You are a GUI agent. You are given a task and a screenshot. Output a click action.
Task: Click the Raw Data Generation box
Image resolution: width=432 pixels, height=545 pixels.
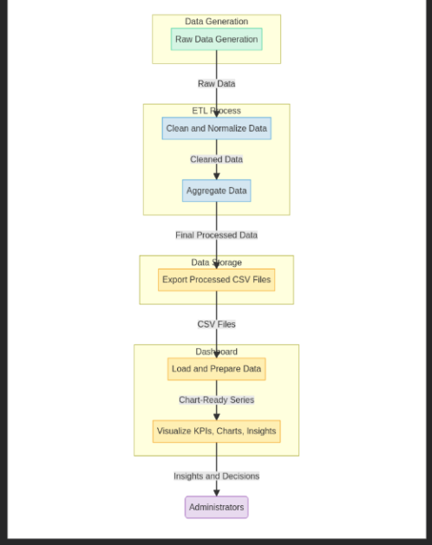216,39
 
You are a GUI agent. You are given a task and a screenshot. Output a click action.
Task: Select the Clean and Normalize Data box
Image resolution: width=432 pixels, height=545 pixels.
216,128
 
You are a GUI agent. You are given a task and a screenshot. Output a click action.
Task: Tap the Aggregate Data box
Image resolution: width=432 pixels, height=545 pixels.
216,191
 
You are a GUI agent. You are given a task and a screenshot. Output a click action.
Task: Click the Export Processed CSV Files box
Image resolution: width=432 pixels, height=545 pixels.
216,280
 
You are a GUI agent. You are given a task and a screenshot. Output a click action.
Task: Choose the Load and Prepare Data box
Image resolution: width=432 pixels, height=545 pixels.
216,369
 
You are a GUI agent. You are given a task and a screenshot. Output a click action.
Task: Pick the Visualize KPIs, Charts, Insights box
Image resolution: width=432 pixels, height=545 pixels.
216,431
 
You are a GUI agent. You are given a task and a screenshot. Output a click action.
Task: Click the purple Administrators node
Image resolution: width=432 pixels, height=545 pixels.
216,507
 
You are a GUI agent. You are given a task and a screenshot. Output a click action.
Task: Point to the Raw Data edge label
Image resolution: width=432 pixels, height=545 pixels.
216,84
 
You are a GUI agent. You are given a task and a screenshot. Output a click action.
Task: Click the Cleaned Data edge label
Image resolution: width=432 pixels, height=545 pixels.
216,159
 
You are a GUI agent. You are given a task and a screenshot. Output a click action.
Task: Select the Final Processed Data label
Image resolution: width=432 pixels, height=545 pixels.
216,235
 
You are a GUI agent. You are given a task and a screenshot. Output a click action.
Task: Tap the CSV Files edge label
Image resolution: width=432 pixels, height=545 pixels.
216,324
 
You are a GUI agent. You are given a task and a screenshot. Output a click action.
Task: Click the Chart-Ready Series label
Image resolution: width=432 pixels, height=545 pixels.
216,400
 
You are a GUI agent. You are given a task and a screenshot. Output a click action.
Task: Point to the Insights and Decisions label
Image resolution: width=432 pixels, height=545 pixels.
216,476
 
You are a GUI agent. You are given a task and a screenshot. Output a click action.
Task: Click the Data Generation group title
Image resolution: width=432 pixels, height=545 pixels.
216,22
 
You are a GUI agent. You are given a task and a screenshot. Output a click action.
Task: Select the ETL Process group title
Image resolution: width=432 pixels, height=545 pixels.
216,111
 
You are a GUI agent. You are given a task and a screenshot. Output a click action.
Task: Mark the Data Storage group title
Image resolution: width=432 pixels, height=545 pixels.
216,263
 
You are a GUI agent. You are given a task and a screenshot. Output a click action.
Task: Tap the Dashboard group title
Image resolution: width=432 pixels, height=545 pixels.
216,352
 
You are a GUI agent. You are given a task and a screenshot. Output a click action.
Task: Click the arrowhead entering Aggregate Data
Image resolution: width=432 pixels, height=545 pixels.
216,175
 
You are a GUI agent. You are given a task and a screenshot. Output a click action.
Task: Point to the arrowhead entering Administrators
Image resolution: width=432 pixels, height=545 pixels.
216,491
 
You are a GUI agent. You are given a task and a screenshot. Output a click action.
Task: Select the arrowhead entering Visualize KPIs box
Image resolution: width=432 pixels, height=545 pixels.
216,416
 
